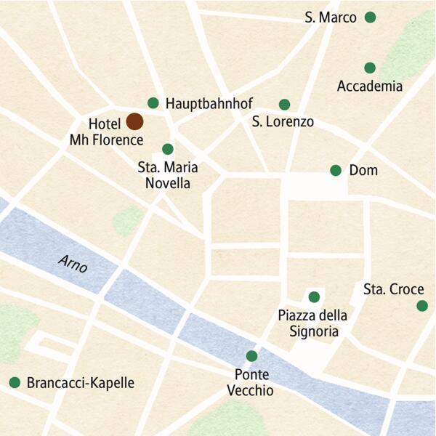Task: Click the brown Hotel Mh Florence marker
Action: click(x=134, y=121)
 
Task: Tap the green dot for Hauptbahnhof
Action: click(x=153, y=102)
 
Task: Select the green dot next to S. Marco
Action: click(x=370, y=17)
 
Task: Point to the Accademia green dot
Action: click(x=370, y=68)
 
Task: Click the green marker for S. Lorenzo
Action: click(x=284, y=104)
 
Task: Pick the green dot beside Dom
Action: click(x=336, y=170)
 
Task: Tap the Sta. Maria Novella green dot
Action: click(x=168, y=149)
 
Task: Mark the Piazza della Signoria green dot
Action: click(x=314, y=296)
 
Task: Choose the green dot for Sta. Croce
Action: click(x=422, y=306)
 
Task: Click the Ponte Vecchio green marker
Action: click(x=251, y=356)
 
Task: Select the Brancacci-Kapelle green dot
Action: click(x=14, y=382)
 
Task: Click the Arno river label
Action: click(x=74, y=265)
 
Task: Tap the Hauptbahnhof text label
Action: click(x=209, y=103)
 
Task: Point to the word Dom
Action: click(x=363, y=171)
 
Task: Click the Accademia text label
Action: click(x=369, y=86)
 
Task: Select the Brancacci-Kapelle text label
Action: click(x=80, y=383)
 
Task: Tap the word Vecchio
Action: click(x=250, y=391)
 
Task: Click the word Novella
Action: click(x=168, y=184)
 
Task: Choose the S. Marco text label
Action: click(x=331, y=17)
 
